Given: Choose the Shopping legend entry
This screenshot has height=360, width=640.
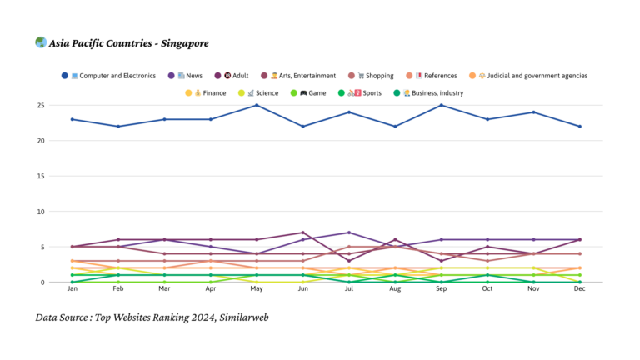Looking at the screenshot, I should (372, 76).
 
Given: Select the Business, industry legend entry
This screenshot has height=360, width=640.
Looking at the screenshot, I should (432, 93).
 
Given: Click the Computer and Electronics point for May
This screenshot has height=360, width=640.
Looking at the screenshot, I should (257, 105).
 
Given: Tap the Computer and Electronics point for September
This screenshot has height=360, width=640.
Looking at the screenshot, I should (441, 105).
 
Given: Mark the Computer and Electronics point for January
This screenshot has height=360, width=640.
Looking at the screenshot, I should (72, 119).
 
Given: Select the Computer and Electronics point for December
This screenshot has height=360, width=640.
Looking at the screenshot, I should (579, 126).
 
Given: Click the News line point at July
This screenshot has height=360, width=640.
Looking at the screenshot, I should (349, 232).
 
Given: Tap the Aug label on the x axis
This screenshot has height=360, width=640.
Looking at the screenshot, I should (395, 289).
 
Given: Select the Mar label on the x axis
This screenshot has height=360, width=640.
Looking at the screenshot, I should (165, 289).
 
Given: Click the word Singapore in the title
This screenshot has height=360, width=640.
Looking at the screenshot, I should (181, 43).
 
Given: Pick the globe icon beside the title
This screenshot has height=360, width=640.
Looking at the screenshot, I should (41, 42).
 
